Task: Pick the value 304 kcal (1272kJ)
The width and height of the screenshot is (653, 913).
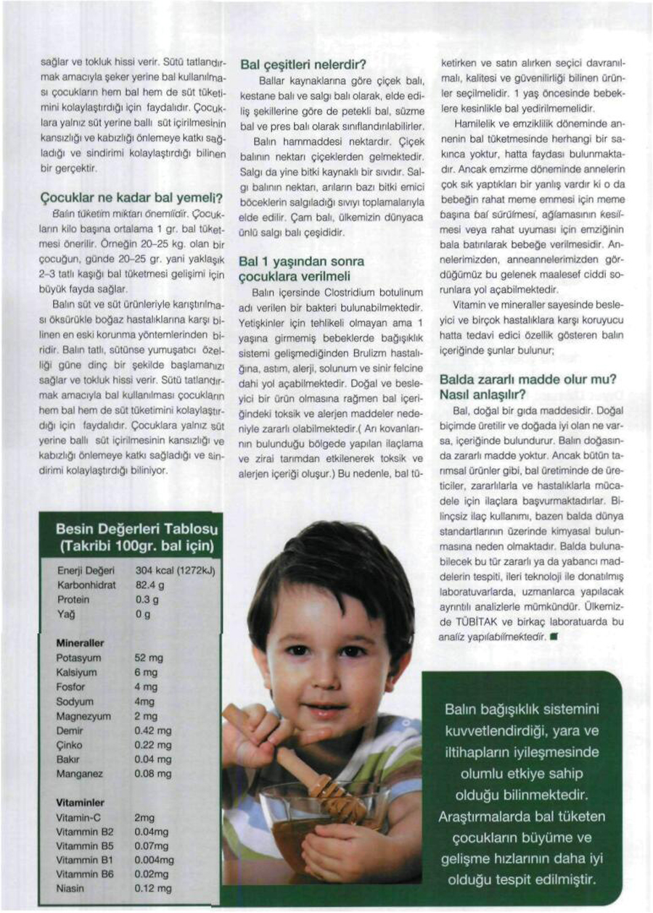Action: [176, 571]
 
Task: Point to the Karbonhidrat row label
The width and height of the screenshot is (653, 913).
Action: [86, 584]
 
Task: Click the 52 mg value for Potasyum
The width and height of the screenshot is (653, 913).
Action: [149, 658]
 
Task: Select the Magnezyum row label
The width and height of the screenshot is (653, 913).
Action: [83, 716]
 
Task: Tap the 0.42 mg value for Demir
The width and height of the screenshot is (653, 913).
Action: [153, 731]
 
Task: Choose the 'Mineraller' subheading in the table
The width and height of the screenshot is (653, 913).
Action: [80, 643]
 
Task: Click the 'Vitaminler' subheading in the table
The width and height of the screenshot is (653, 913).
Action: [81, 803]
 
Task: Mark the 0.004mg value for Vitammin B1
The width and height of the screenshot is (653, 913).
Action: [155, 860]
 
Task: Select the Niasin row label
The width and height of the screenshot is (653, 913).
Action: [71, 888]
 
